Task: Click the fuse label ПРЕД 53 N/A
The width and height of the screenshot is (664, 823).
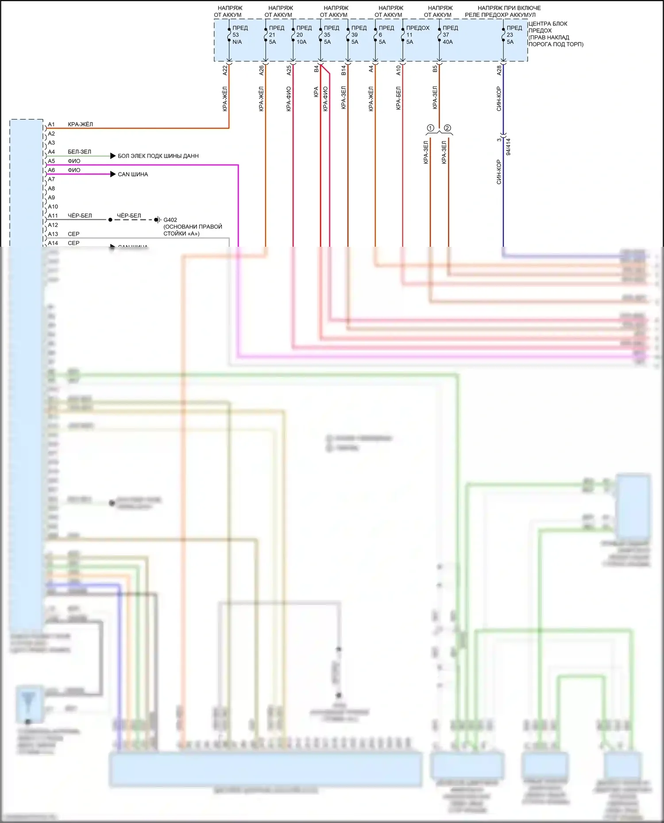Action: pyautogui.click(x=239, y=35)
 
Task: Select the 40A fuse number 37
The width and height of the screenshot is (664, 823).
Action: pyautogui.click(x=448, y=35)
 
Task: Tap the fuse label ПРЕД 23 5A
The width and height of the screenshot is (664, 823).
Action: pyautogui.click(x=513, y=35)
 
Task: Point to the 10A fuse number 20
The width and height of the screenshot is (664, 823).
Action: pyautogui.click(x=302, y=35)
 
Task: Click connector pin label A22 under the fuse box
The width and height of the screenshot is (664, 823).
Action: pyautogui.click(x=225, y=70)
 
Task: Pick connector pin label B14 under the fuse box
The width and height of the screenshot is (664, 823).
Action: pyautogui.click(x=344, y=70)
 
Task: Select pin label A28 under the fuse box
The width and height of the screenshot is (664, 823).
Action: pyautogui.click(x=499, y=70)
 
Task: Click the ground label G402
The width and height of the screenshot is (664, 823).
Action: pyautogui.click(x=170, y=220)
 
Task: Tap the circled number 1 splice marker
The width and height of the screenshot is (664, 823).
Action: pyautogui.click(x=430, y=128)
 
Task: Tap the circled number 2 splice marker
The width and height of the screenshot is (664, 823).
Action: pyautogui.click(x=448, y=128)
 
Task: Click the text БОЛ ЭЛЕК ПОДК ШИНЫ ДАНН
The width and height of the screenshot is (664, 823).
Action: pyautogui.click(x=158, y=156)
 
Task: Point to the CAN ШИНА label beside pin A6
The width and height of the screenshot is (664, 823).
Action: pyautogui.click(x=133, y=174)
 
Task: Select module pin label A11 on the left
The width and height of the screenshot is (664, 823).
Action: pyautogui.click(x=53, y=216)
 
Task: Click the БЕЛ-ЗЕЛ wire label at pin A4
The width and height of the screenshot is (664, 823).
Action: pyautogui.click(x=79, y=152)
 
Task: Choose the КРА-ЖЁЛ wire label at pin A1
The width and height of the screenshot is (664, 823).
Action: pyautogui.click(x=80, y=124)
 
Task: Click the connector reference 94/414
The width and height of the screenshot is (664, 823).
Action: pyautogui.click(x=508, y=147)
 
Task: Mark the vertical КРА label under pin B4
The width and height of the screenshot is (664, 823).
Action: pyautogui.click(x=316, y=92)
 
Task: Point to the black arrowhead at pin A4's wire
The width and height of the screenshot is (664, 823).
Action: pyautogui.click(x=113, y=156)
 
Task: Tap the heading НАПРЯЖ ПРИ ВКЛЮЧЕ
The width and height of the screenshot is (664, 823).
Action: pyautogui.click(x=509, y=8)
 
